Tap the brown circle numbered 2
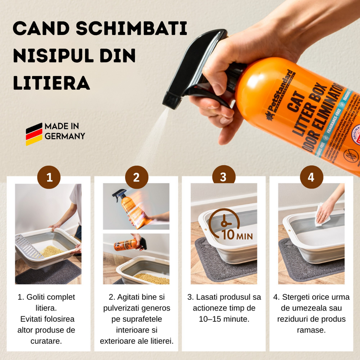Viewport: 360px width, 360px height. (136, 177)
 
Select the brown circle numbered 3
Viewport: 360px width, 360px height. (224, 177)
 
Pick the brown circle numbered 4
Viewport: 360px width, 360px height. (311, 177)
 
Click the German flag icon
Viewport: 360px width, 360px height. (34, 134)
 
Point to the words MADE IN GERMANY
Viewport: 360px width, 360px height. (64, 131)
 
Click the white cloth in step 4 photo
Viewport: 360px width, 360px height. (322, 215)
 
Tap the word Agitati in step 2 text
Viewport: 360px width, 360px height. (129, 297)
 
